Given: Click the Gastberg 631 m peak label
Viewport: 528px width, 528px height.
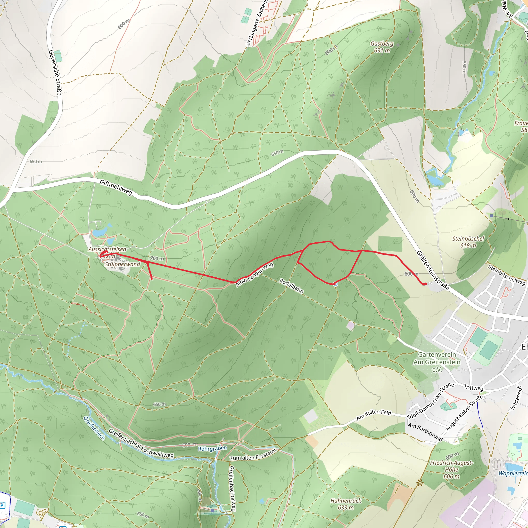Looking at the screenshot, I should pyautogui.click(x=382, y=47).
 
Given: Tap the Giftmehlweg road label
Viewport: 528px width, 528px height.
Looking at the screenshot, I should pyautogui.click(x=116, y=187).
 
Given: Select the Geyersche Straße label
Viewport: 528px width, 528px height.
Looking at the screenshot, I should pyautogui.click(x=55, y=72).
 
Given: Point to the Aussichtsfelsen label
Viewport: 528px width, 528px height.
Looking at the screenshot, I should pyautogui.click(x=107, y=249).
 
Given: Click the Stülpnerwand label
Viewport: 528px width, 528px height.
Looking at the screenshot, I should pyautogui.click(x=122, y=264).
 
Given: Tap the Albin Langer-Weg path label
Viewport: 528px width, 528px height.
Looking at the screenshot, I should pyautogui.click(x=254, y=275).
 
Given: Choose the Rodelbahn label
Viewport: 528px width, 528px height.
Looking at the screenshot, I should pyautogui.click(x=291, y=286).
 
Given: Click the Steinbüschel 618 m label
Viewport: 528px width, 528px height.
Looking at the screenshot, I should pyautogui.click(x=468, y=242).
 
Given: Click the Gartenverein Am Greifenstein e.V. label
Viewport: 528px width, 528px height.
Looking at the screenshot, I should pyautogui.click(x=437, y=362).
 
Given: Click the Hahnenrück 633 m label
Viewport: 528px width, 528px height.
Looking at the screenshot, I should pyautogui.click(x=346, y=504).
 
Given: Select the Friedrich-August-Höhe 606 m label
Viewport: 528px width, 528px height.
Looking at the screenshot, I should pyautogui.click(x=451, y=469).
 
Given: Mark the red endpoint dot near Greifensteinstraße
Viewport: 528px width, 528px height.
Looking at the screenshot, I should pyautogui.click(x=424, y=284).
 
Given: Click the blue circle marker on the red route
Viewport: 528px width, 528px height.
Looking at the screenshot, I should pyautogui.click(x=336, y=284).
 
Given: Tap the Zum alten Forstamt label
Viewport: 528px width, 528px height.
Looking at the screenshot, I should pyautogui.click(x=253, y=455).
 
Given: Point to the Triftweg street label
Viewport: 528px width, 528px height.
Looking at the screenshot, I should pyautogui.click(x=474, y=387).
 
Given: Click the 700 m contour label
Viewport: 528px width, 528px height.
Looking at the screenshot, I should pyautogui.click(x=157, y=258).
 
